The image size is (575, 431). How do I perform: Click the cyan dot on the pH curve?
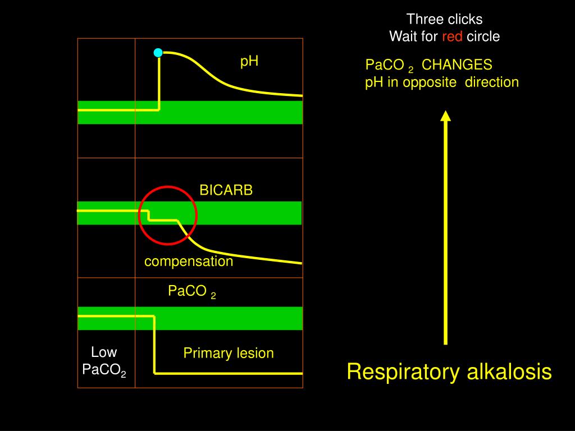pyautogui.click(x=158, y=53)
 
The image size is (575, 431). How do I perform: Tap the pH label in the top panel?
pyautogui.click(x=249, y=61)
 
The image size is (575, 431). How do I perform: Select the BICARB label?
pyautogui.click(x=226, y=190)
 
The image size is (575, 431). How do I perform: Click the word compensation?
pyautogui.click(x=189, y=262)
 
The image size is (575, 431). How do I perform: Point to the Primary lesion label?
pyautogui.click(x=229, y=353)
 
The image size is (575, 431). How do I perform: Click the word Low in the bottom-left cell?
pyautogui.click(x=104, y=352)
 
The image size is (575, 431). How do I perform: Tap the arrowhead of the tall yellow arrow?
pyautogui.click(x=446, y=116)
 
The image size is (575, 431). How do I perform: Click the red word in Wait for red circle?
pyautogui.click(x=452, y=37)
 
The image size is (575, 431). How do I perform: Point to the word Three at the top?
pyautogui.click(x=425, y=20)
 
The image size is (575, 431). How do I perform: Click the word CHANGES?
pyautogui.click(x=457, y=65)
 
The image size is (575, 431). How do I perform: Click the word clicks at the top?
pyautogui.click(x=464, y=20)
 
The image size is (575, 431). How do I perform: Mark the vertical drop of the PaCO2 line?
pyautogui.click(x=154, y=345)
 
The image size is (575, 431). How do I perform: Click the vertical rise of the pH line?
pyautogui.click(x=159, y=81)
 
